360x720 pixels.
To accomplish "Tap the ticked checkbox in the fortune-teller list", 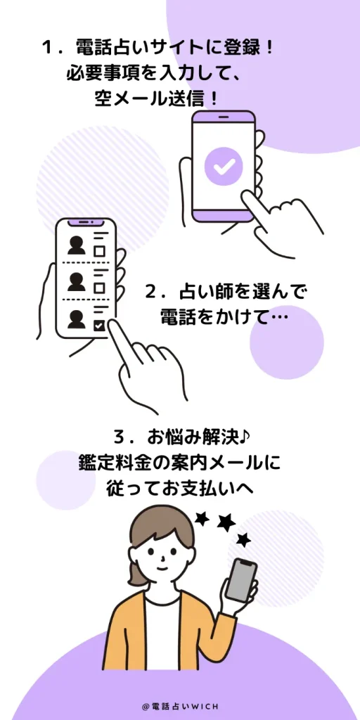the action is (100, 326).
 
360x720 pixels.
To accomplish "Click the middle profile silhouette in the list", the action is (77, 281).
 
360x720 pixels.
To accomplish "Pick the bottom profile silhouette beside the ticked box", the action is (77, 319).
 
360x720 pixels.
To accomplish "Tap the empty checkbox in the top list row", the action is (100, 251).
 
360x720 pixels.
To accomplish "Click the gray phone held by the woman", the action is (241, 579).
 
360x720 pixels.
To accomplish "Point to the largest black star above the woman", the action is (226, 522).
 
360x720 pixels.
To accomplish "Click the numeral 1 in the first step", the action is (46, 48).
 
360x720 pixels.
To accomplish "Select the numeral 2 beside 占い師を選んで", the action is (151, 292).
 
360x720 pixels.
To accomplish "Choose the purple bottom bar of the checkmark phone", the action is (223, 215).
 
